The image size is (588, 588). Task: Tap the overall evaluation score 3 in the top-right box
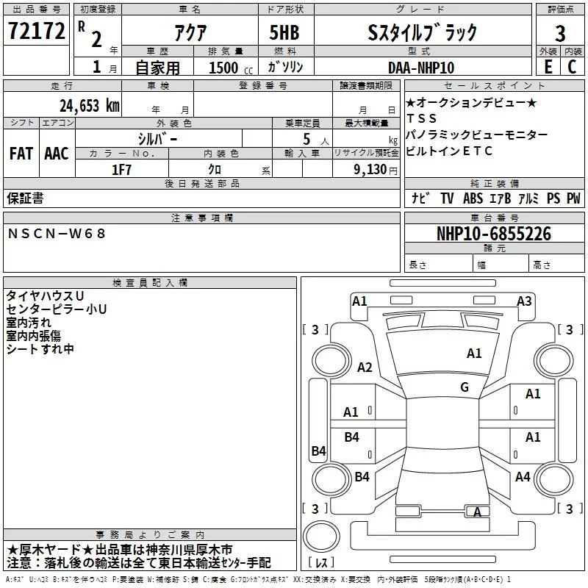[560, 33]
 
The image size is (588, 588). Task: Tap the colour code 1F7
[122, 168]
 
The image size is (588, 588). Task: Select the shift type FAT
[21, 153]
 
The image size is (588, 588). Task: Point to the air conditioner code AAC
[57, 153]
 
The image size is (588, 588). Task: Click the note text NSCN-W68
[57, 234]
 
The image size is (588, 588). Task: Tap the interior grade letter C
[572, 67]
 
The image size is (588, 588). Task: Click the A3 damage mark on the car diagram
[524, 301]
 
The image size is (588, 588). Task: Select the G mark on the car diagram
[464, 387]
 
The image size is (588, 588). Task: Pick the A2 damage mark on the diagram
[365, 367]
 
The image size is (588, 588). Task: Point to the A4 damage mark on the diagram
[523, 476]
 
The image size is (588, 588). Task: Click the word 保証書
[25, 198]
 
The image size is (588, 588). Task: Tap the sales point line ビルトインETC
[449, 151]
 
